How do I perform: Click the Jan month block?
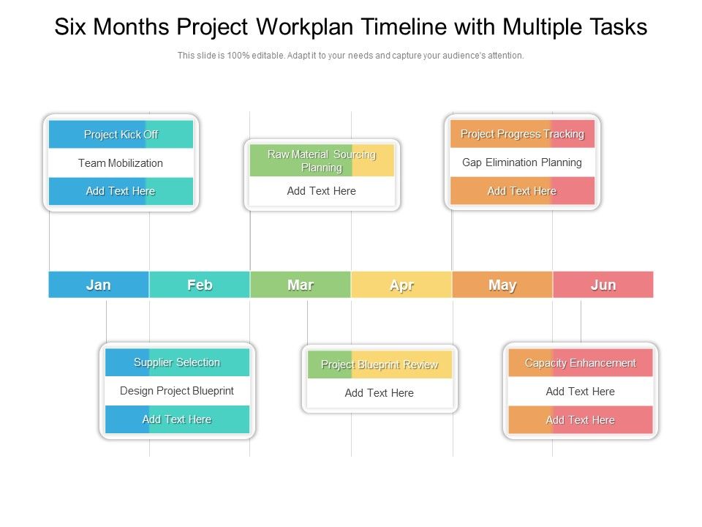click(x=99, y=285)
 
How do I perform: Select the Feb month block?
click(x=200, y=285)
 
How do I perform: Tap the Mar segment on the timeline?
click(x=301, y=285)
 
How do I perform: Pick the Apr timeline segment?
click(x=401, y=285)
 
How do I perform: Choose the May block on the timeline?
click(x=502, y=285)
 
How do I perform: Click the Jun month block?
click(x=603, y=285)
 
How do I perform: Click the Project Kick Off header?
click(x=121, y=135)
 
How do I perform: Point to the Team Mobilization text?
click(x=121, y=163)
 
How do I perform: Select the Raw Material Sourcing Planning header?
click(x=322, y=161)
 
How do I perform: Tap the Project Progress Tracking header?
click(x=522, y=134)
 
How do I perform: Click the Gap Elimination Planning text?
click(x=522, y=162)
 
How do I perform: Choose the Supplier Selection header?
click(x=177, y=362)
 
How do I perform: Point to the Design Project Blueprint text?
click(x=177, y=391)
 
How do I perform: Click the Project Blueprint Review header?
click(x=380, y=365)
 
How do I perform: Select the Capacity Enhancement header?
click(x=581, y=363)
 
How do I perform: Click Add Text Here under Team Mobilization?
click(x=121, y=191)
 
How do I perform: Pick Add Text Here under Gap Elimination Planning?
click(x=522, y=191)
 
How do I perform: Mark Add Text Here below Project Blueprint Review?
click(x=380, y=393)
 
